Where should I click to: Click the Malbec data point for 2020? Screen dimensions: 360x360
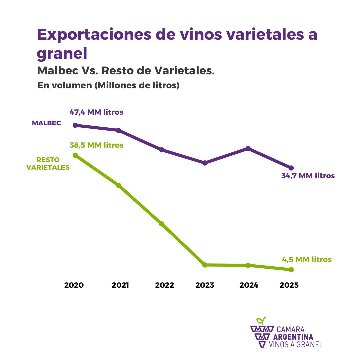[75, 125]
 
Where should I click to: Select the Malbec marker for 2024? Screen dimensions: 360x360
[248, 148]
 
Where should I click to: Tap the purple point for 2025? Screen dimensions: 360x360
[291, 168]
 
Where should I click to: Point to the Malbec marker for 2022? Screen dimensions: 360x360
[162, 150]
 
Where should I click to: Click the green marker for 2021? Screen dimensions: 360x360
[118, 185]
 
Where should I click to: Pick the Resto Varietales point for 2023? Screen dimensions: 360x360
[205, 265]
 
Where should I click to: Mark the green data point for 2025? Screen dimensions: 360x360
[291, 269]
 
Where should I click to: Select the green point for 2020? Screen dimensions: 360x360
[75, 155]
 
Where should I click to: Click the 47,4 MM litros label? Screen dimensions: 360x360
[96, 112]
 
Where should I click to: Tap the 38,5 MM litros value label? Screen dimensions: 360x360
[96, 145]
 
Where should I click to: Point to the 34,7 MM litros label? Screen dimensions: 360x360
[308, 176]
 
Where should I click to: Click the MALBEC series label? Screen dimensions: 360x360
[46, 123]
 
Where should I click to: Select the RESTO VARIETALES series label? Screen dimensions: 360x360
[48, 164]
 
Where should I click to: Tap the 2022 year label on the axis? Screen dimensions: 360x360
[165, 285]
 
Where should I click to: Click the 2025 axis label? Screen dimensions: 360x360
[289, 285]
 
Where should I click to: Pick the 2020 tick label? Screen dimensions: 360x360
[74, 285]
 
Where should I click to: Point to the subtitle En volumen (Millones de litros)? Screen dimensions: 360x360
[109, 85]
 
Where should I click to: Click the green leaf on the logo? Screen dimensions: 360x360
[261, 321]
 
